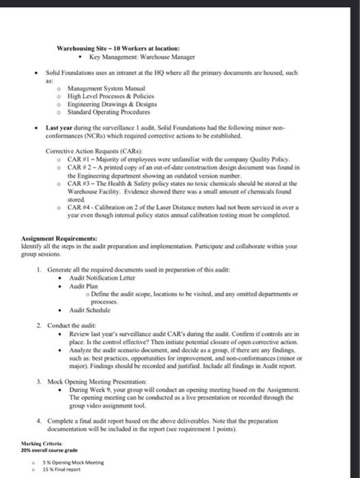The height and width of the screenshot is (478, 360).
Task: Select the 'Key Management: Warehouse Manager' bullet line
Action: (142, 57)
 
